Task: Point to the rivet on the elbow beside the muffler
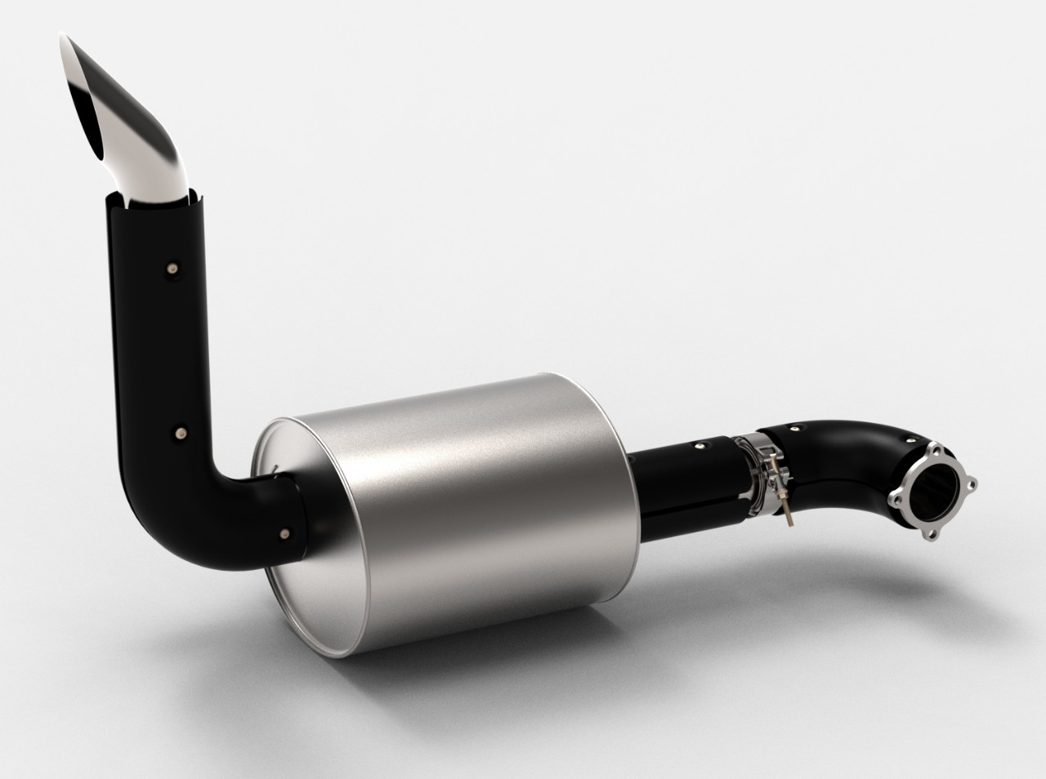pos(284,533)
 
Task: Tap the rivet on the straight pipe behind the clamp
pos(700,446)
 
